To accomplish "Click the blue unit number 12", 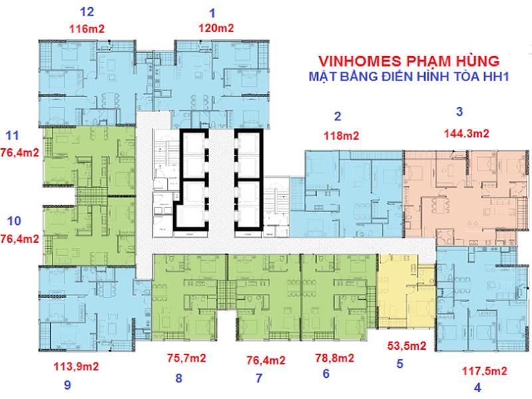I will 86,12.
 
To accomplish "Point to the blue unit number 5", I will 400,364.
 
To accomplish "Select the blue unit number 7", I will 259,378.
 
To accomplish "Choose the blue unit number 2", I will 337,117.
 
